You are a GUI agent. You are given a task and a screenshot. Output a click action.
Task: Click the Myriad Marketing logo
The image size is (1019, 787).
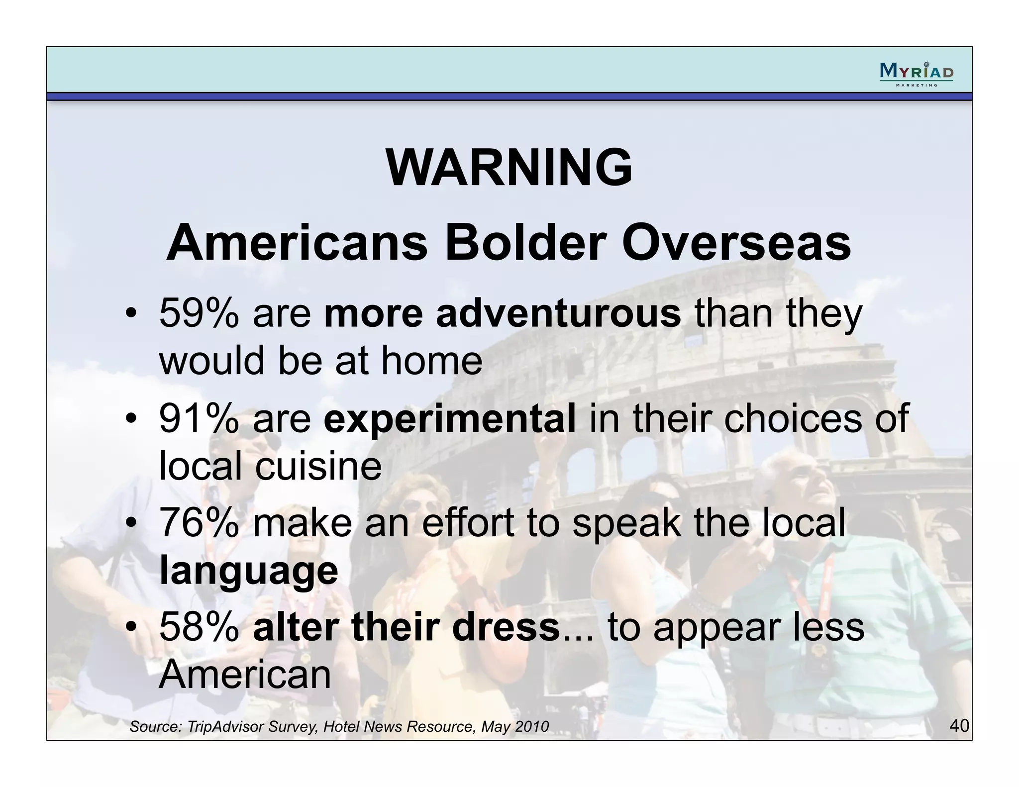click(x=916, y=74)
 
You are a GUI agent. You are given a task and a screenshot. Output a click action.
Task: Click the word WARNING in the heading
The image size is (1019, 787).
click(x=509, y=168)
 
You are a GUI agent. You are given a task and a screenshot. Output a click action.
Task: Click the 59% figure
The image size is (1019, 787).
click(x=199, y=313)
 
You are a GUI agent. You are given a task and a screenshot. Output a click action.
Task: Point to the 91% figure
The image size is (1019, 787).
click(x=199, y=419)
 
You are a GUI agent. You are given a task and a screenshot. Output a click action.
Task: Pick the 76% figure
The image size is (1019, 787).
click(x=199, y=523)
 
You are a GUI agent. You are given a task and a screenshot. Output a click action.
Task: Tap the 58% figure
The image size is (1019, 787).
click(x=199, y=627)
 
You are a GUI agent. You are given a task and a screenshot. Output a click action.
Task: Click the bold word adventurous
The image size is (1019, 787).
click(x=558, y=313)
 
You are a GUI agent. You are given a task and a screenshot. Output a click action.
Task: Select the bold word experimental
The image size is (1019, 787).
click(x=449, y=419)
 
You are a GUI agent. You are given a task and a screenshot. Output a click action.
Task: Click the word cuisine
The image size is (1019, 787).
click(x=318, y=466)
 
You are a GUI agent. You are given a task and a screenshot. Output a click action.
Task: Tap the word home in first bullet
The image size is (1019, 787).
click(x=431, y=361)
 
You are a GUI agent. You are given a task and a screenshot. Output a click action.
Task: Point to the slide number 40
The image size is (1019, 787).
click(x=959, y=725)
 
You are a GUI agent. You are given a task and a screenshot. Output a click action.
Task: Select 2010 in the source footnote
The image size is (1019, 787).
click(x=531, y=727)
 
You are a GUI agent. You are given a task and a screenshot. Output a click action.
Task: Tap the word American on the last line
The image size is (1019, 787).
click(x=245, y=675)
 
